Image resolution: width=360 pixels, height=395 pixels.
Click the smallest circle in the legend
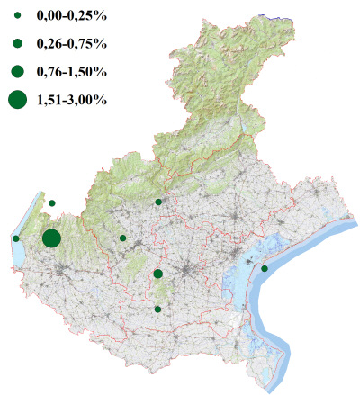click(x=18, y=17)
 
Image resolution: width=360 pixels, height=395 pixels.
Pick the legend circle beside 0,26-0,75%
click(x=18, y=43)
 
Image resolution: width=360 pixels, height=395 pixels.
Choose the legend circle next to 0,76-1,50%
click(x=18, y=70)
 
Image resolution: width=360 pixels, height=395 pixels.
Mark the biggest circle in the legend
click(x=18, y=100)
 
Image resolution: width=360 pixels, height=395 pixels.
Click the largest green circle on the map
click(x=51, y=238)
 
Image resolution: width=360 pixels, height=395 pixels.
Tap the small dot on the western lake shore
click(x=16, y=238)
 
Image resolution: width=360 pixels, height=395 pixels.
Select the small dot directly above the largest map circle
click(x=52, y=203)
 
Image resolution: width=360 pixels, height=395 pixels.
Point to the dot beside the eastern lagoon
click(x=265, y=268)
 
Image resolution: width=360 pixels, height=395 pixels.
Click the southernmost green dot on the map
click(x=157, y=310)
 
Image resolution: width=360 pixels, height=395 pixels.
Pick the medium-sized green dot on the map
click(x=157, y=274)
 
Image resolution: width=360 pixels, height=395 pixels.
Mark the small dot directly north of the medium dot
click(x=158, y=202)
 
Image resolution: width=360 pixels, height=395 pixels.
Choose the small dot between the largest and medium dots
click(x=122, y=238)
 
